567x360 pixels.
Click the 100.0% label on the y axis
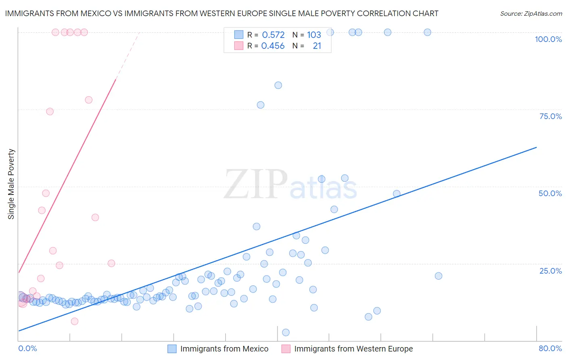point(548,39)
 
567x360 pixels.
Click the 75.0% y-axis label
point(550,116)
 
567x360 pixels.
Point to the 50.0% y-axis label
point(550,193)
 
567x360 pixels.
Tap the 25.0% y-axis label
point(550,271)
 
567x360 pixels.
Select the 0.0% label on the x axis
point(28,348)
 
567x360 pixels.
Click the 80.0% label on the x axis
point(550,348)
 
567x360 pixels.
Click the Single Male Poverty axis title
point(11,184)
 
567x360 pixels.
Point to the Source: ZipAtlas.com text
point(531,14)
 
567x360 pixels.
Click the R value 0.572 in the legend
point(273,35)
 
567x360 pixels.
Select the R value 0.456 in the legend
point(273,46)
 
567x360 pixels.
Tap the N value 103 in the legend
point(314,35)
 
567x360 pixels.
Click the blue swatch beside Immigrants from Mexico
point(172,349)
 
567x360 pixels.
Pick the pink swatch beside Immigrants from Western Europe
point(286,349)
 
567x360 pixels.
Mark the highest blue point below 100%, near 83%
point(278,85)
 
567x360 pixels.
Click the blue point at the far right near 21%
point(438,276)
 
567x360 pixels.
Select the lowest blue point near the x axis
point(286,333)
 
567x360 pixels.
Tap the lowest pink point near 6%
point(75,321)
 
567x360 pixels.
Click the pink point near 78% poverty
point(89,100)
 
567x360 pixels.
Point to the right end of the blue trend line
point(536,147)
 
